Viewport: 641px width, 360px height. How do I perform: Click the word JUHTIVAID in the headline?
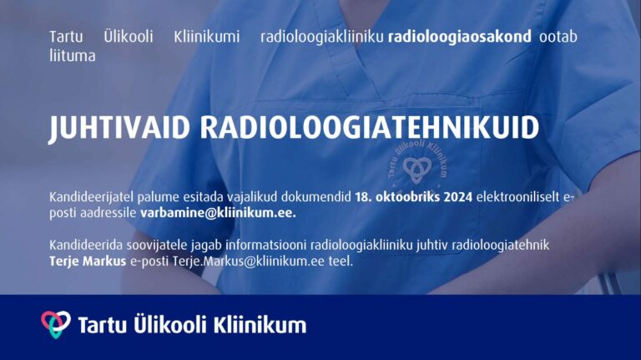coord(119,128)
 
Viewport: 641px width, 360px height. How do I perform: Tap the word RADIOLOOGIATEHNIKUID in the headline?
coord(370,128)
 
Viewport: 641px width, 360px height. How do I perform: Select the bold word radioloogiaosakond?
coord(460,37)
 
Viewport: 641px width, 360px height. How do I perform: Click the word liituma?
coord(73,56)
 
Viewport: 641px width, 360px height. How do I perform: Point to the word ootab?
coord(558,37)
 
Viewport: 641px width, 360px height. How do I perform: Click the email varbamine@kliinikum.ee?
coord(218,213)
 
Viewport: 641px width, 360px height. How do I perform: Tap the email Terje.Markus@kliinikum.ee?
coord(249,261)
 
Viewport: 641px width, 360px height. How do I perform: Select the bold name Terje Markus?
coord(88,261)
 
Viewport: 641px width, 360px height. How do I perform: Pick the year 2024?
coord(458,197)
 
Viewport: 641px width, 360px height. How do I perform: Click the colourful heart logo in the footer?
coord(56,324)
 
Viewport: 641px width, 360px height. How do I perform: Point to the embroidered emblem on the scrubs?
coord(417,162)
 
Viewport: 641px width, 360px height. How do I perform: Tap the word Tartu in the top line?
coord(66,37)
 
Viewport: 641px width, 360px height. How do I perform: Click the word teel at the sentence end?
coord(341,261)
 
